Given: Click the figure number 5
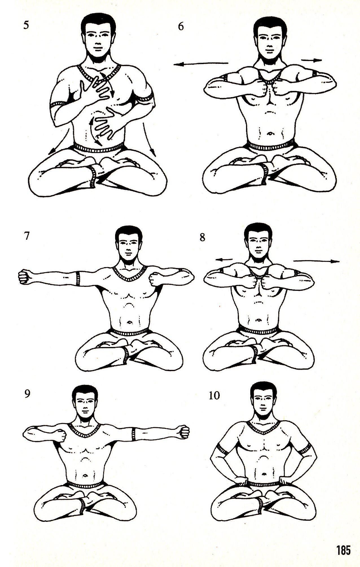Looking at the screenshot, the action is [x=26, y=25].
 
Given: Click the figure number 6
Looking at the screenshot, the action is [x=181, y=26].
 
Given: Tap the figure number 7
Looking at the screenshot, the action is [x=27, y=236].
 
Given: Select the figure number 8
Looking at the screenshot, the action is [x=202, y=237].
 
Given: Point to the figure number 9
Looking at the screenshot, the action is [x=27, y=394].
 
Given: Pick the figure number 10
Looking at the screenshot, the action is [x=214, y=395].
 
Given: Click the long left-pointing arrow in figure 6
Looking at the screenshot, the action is [x=201, y=64].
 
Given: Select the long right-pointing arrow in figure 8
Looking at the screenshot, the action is [x=316, y=261].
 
